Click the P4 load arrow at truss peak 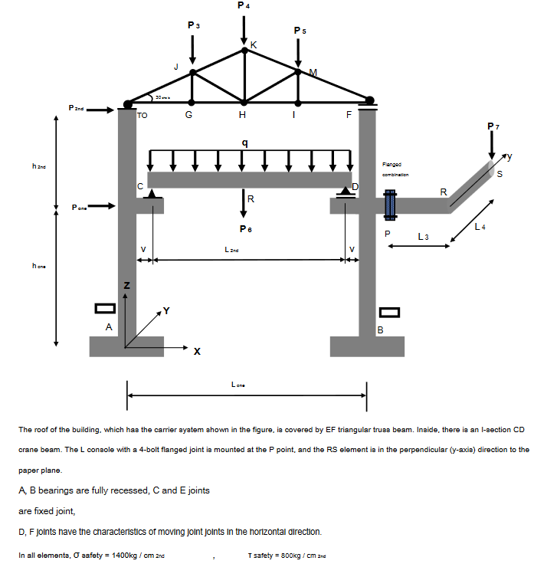[244, 29]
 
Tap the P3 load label [194, 25]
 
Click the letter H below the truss [243, 116]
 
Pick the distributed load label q [244, 142]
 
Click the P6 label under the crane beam [244, 228]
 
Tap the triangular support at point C [152, 195]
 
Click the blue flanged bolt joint [388, 205]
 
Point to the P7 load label [492, 125]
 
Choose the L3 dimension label [423, 235]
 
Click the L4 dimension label [480, 226]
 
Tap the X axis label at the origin [197, 352]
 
